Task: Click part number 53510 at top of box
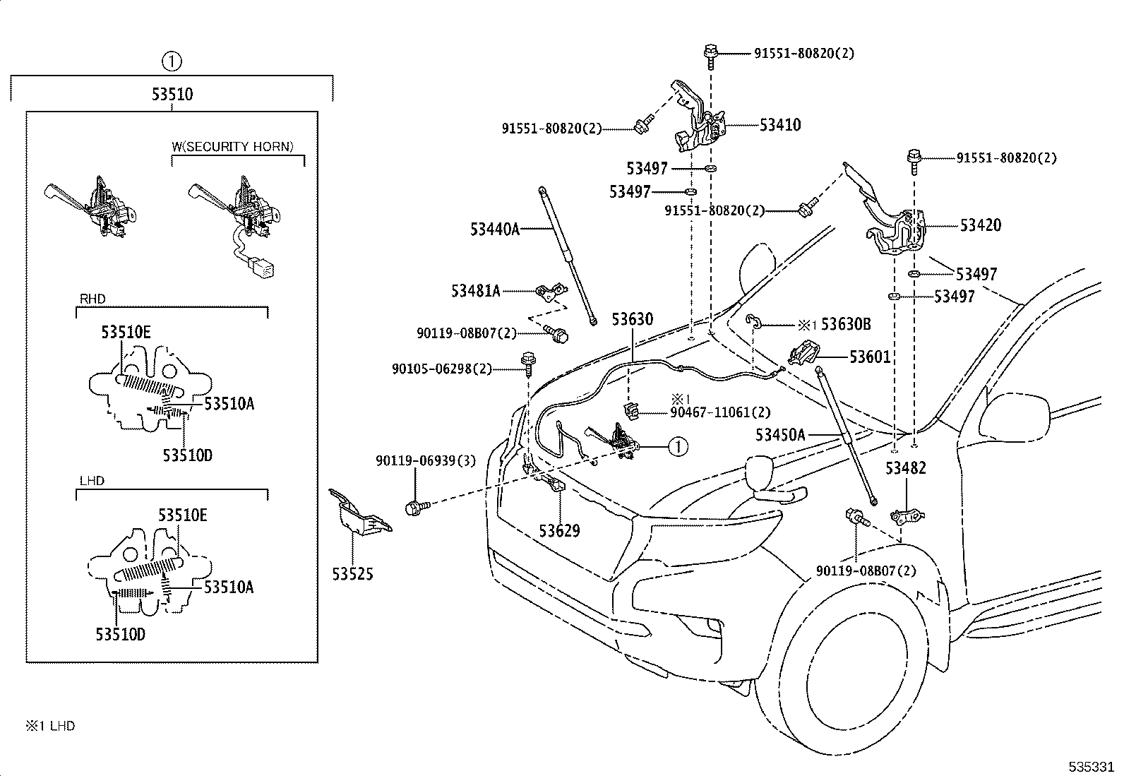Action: (x=172, y=94)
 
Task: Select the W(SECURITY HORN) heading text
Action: (x=232, y=147)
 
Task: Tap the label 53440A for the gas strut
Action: (x=495, y=229)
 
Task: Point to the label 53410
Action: (x=780, y=125)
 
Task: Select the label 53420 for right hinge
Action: (x=980, y=225)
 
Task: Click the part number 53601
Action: (x=870, y=357)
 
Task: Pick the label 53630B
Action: (x=845, y=325)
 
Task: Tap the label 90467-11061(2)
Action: (x=720, y=412)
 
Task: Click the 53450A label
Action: (x=780, y=435)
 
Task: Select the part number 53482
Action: (x=906, y=468)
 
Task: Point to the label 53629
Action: (x=559, y=531)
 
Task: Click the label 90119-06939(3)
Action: (x=426, y=461)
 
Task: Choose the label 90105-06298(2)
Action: (x=442, y=369)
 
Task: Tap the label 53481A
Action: (x=476, y=290)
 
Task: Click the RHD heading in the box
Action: (x=92, y=299)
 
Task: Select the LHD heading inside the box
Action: (x=92, y=481)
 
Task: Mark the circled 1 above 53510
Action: (x=172, y=62)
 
